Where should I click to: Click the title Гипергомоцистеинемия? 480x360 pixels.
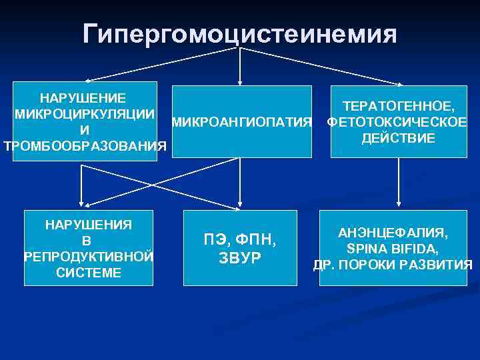pos(240,33)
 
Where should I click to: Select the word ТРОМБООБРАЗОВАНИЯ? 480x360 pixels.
pos(84,146)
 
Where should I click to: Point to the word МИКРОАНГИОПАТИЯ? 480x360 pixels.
pos(241,122)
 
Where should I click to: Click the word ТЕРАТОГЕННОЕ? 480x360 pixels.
pos(399,106)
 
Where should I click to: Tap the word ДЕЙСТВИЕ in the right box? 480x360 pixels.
pos(399,138)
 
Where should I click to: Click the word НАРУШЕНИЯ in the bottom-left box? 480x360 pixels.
pos(88,224)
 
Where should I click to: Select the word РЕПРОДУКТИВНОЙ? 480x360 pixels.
pos(88,256)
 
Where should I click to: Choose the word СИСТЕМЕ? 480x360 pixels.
pos(88,272)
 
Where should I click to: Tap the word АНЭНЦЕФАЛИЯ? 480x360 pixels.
pos(393,233)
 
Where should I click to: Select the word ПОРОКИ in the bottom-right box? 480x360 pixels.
pos(377,265)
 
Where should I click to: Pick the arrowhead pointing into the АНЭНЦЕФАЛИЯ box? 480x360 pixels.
pos(399,205)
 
